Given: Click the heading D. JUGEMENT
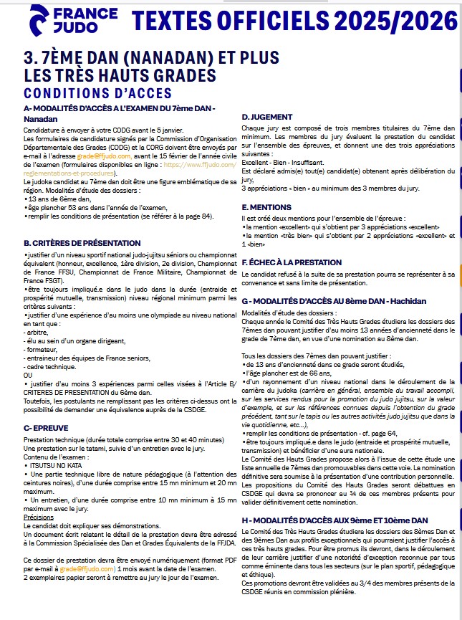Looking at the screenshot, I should tap(267, 117).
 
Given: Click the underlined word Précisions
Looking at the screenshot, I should tap(38, 516).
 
